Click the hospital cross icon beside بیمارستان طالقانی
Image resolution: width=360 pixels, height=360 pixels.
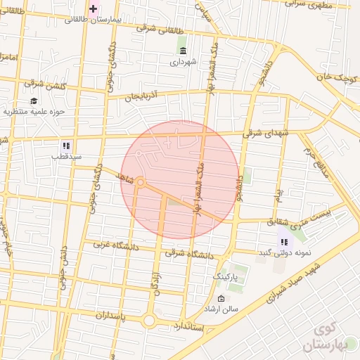pyautogui.click(x=94, y=8)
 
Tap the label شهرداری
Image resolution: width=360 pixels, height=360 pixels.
pyautogui.click(x=184, y=62)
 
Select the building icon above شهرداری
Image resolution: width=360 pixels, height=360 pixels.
pyautogui.click(x=184, y=51)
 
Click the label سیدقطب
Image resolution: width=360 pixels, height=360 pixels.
pyautogui.click(x=66, y=156)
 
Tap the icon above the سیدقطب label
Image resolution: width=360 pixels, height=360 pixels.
pyautogui.click(x=66, y=146)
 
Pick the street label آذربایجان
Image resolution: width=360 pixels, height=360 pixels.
pyautogui.click(x=143, y=95)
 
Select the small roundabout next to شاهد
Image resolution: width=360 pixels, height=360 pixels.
pyautogui.click(x=141, y=183)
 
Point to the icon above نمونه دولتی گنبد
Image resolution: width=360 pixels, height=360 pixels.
pyautogui.click(x=284, y=242)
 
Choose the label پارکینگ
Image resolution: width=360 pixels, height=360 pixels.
pyautogui.click(x=226, y=277)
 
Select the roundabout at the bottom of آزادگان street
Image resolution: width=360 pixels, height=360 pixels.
pyautogui.click(x=149, y=321)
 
